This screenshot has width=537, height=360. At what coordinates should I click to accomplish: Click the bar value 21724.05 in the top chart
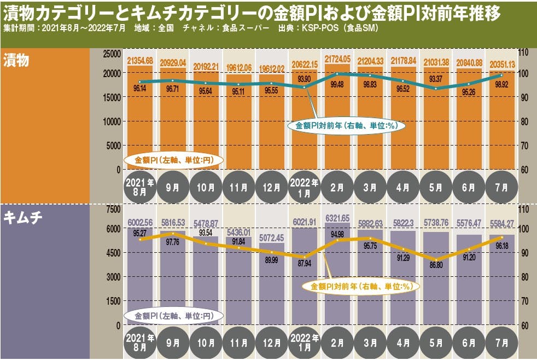pyautogui.click(x=337, y=58)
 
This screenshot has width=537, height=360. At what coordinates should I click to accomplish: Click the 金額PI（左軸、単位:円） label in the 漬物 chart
pyautogui.click(x=174, y=160)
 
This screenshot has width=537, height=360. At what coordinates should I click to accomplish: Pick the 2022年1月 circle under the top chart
pyautogui.click(x=305, y=188)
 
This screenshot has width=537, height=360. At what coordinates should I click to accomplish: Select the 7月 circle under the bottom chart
pyautogui.click(x=502, y=343)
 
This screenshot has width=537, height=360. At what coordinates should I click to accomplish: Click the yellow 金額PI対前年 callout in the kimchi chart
pyautogui.click(x=360, y=286)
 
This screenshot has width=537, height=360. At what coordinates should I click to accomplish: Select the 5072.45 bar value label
pyautogui.click(x=272, y=239)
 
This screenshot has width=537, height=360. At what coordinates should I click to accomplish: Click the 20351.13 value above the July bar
pyautogui.click(x=502, y=63)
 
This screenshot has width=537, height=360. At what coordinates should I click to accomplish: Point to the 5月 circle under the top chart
pyautogui.click(x=436, y=188)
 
